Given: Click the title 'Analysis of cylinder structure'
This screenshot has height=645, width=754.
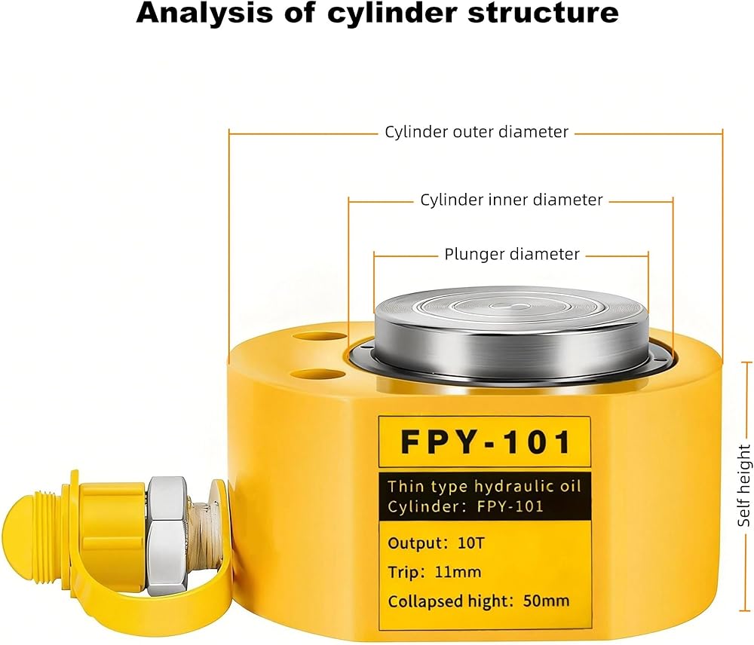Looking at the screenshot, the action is pyautogui.click(x=378, y=13).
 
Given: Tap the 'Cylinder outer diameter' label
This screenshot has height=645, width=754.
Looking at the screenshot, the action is pyautogui.click(x=477, y=132).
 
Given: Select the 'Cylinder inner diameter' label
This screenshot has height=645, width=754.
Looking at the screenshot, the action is pyautogui.click(x=511, y=200).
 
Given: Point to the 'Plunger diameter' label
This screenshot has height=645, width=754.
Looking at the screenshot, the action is pyautogui.click(x=512, y=254).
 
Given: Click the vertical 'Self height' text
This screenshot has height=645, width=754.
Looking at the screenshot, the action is pyautogui.click(x=744, y=485).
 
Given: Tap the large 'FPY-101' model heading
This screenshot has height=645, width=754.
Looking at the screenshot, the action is pyautogui.click(x=486, y=442).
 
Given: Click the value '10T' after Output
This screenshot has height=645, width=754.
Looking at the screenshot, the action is pyautogui.click(x=470, y=543).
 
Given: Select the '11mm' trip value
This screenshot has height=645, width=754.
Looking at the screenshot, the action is pyautogui.click(x=458, y=572).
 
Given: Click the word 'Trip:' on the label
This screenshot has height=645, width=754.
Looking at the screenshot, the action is pyautogui.click(x=407, y=573).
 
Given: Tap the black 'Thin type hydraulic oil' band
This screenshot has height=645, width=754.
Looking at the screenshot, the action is pyautogui.click(x=485, y=497).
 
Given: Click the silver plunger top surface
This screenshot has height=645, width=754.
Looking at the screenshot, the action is pyautogui.click(x=511, y=307).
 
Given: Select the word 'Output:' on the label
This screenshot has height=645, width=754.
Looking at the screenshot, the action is pyautogui.click(x=418, y=543).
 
